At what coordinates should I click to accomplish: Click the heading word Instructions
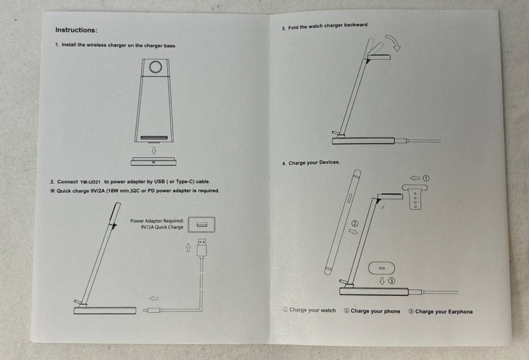pos(76,30)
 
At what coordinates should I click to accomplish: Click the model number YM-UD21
pos(90,182)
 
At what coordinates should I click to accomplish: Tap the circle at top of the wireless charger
pos(155,67)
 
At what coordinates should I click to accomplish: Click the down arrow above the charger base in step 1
pos(154,150)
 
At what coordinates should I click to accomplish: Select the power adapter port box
pos(202,224)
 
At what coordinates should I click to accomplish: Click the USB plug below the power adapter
pos(202,248)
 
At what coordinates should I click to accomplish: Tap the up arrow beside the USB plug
pos(188,248)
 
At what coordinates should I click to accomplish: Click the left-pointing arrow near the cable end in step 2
pos(154,298)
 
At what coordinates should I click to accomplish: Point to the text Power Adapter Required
pos(157,221)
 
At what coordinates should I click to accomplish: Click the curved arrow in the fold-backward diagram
pos(394,43)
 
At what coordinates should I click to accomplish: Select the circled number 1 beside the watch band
pos(426,178)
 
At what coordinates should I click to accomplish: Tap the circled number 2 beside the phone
pos(355,223)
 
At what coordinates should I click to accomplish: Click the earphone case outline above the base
pos(381,268)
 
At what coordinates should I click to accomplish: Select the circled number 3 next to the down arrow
pos(391,281)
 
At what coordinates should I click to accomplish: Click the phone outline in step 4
pos(343,222)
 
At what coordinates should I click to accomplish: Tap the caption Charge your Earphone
pos(441,312)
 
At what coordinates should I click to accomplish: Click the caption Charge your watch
pos(309,310)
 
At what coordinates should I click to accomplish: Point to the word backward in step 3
pos(356,25)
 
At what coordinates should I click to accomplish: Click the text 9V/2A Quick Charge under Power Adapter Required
pos(162,227)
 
